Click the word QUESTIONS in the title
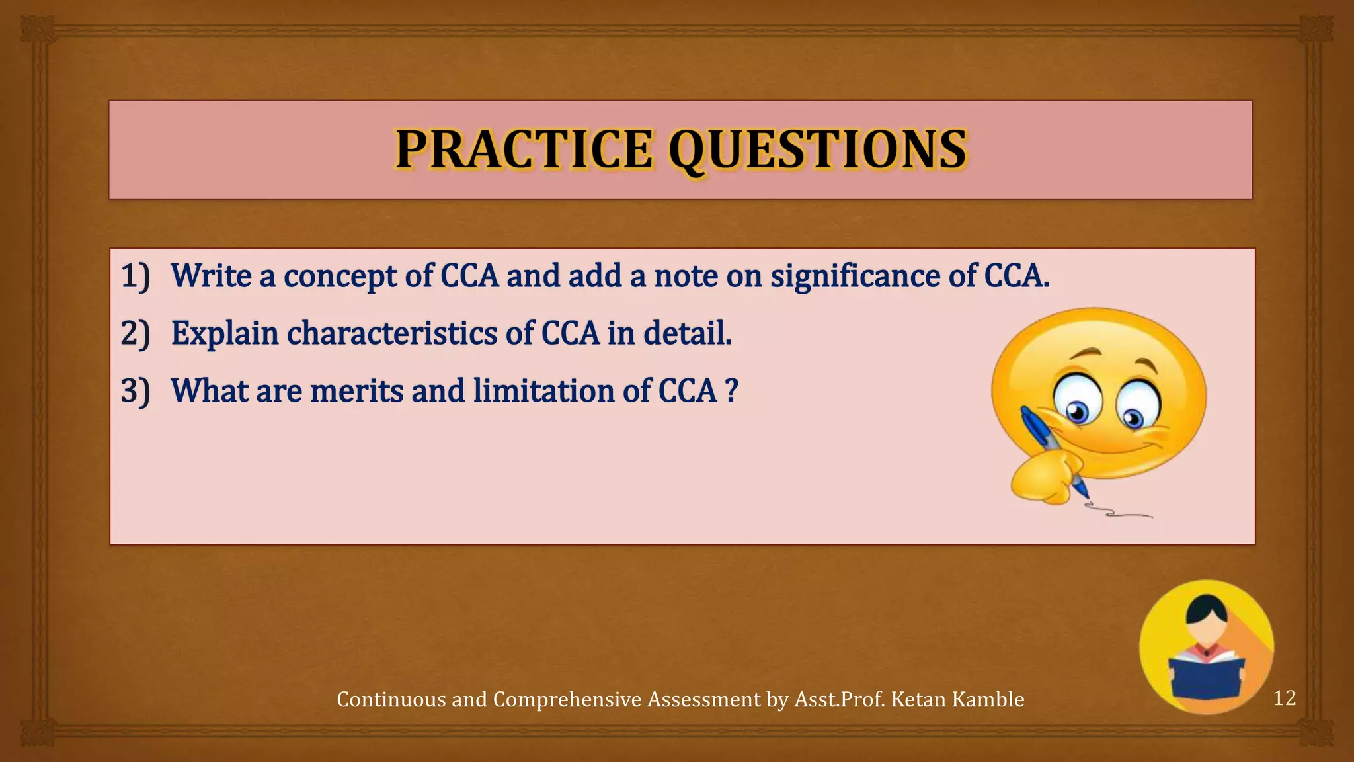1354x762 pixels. click(818, 149)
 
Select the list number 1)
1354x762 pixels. click(136, 276)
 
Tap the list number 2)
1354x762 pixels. click(136, 333)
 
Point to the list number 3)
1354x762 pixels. click(136, 391)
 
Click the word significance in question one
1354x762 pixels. click(856, 276)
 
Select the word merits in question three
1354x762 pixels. click(356, 391)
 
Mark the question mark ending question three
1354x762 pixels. click(731, 391)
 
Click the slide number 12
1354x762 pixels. click(1284, 698)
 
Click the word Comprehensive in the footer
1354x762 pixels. click(567, 700)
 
